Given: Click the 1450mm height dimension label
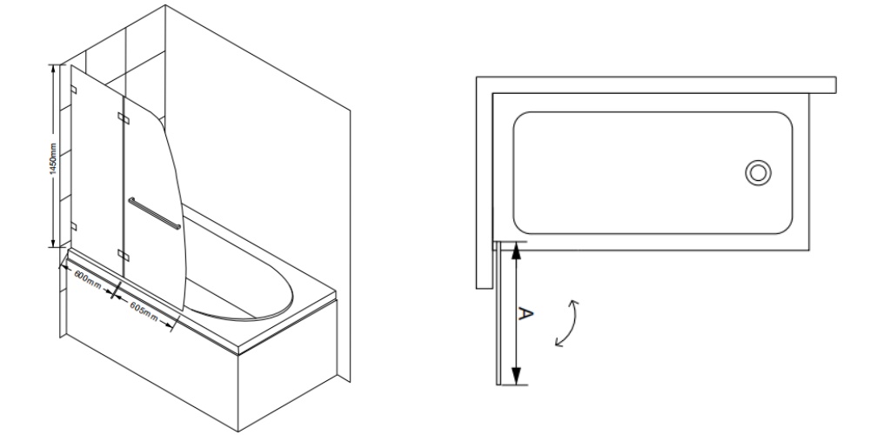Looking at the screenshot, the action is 53,158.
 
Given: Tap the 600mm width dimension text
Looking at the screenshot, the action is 88,279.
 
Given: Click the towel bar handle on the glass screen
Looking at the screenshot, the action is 154,213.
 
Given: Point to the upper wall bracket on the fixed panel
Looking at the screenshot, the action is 74,90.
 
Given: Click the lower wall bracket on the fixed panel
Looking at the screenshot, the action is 74,226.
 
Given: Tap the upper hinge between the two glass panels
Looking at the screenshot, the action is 124,117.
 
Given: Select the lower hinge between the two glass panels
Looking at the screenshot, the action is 124,255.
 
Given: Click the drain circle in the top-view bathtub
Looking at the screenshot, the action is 758,172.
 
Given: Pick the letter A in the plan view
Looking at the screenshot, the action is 525,313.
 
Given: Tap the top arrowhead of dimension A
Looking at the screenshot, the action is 517,251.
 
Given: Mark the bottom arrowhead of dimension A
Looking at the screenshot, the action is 517,376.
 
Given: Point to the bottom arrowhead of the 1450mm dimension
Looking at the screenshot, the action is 53,242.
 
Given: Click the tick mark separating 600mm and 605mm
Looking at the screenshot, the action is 117,291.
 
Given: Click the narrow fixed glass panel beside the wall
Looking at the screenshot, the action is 97,166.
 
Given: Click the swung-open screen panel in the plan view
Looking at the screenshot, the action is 499,312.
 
